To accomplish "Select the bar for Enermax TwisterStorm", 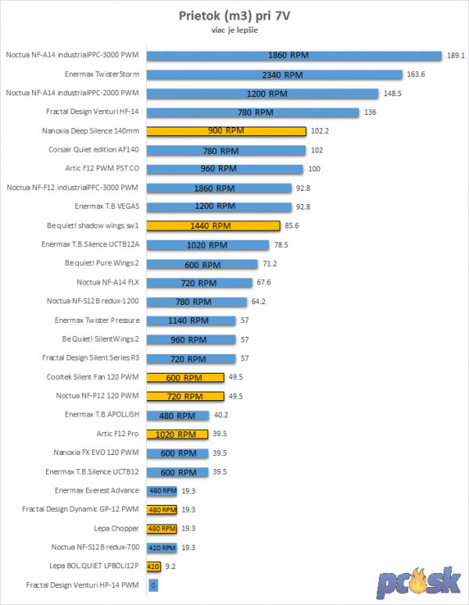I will click(282, 74).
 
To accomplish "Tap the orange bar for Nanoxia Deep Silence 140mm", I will click(226, 131).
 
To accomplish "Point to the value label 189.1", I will click(456, 55).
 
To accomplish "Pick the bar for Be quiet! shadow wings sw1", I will click(213, 226).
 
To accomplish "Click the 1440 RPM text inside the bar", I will click(210, 226).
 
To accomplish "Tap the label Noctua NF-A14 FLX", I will click(108, 282).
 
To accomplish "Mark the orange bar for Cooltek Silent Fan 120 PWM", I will click(184, 378).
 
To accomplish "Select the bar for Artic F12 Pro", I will click(177, 434).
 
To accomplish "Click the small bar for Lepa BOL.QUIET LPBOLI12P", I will click(154, 567).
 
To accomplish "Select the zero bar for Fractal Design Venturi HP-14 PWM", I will click(153, 585).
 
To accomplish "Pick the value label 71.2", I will click(270, 263).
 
